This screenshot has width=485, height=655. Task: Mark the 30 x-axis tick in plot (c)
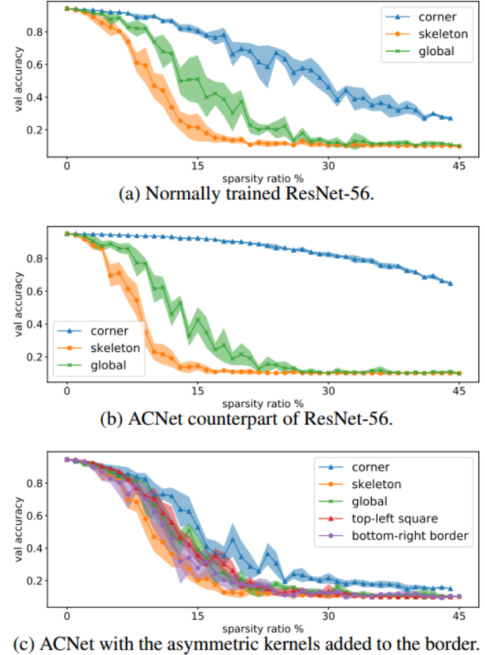328,615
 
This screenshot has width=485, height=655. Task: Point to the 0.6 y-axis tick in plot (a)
33,65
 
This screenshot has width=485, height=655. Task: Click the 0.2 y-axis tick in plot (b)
33,357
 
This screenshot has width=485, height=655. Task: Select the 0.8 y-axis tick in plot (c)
33,484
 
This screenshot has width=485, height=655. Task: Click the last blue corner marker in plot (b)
450,283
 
